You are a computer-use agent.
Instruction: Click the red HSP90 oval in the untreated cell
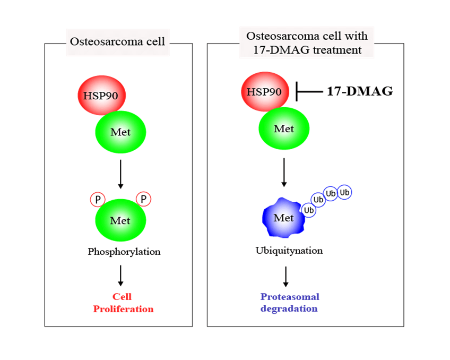coord(102,96)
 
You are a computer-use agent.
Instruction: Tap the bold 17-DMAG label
coord(359,91)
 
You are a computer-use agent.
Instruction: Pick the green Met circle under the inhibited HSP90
coord(283,129)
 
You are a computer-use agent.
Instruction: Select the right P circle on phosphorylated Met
coord(143,199)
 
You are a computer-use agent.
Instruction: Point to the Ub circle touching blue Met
coord(308,210)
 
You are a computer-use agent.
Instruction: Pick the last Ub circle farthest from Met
coord(344,192)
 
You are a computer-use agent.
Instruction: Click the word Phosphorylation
coord(124,252)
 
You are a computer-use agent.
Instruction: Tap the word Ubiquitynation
coord(289,250)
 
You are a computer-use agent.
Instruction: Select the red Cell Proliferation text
coord(123,303)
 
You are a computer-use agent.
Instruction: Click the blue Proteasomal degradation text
coord(290,303)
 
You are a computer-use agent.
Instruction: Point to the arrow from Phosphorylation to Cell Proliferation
coord(120,275)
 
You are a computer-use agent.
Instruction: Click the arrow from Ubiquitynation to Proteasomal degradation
coord(286,276)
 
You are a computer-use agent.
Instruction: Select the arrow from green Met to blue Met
coord(284,172)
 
